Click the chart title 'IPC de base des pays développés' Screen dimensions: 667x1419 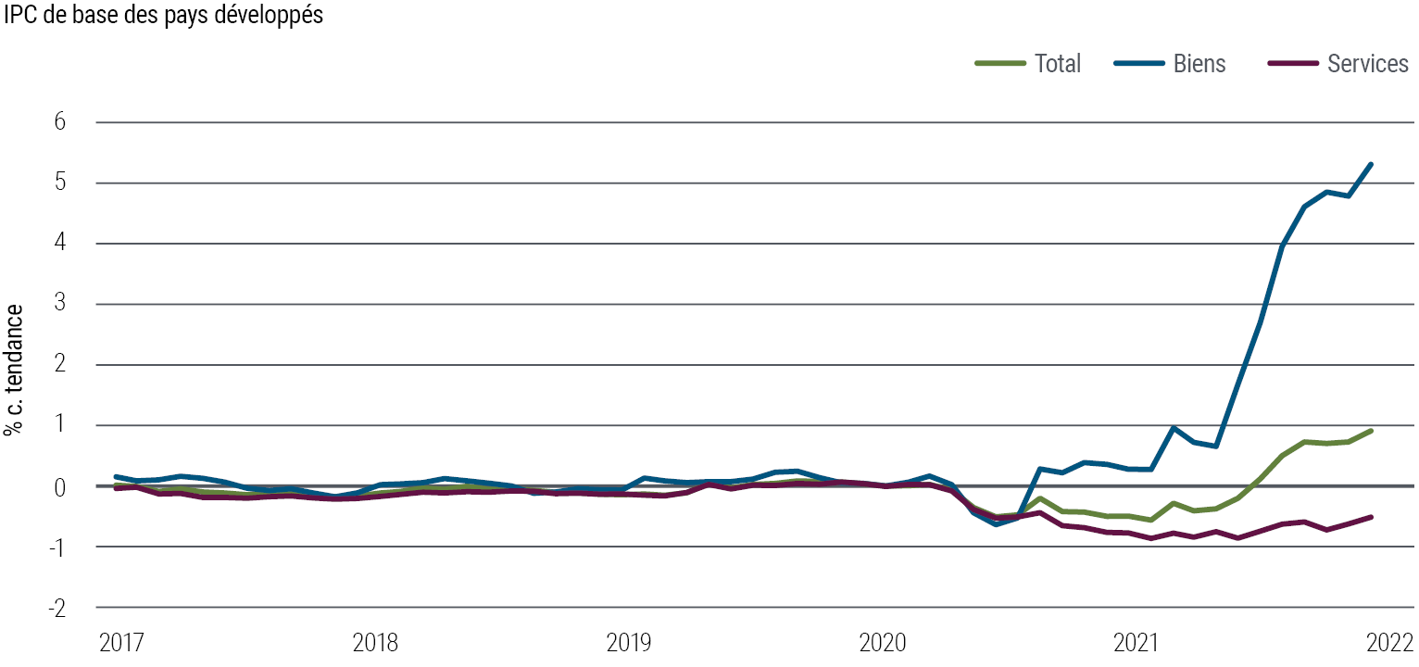coord(164,16)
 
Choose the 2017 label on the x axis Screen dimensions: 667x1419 coord(121,643)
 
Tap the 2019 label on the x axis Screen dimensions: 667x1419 coord(630,643)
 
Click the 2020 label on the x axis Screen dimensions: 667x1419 coord(884,643)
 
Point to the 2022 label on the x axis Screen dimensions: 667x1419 coord(1391,643)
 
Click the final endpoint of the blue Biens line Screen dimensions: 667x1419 coord(1371,165)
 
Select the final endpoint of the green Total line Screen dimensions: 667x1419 coord(1371,431)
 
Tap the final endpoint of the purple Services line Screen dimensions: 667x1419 coord(1371,517)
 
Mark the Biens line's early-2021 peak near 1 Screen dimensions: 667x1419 coord(1174,428)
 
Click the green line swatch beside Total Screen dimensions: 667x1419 coord(1000,64)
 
